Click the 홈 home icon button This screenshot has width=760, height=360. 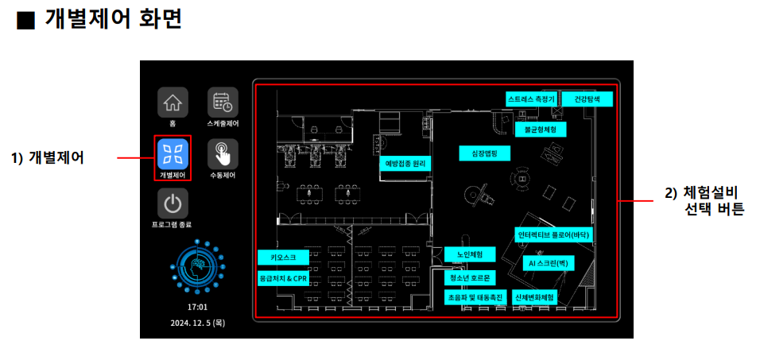[x=172, y=103]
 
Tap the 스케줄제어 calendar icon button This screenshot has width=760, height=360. [x=223, y=103]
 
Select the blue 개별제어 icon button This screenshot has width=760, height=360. [x=172, y=153]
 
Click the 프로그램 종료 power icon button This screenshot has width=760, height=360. [x=172, y=203]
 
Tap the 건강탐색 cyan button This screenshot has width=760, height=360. [x=592, y=99]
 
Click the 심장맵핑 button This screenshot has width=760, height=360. [x=484, y=153]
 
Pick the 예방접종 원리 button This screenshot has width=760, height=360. [x=405, y=164]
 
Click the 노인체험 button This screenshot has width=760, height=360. [x=469, y=254]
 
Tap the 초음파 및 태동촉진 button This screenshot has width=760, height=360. [x=475, y=296]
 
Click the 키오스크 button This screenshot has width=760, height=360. [x=282, y=257]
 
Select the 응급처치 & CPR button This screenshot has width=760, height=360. [x=282, y=279]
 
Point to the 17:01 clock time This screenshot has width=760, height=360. [x=197, y=306]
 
